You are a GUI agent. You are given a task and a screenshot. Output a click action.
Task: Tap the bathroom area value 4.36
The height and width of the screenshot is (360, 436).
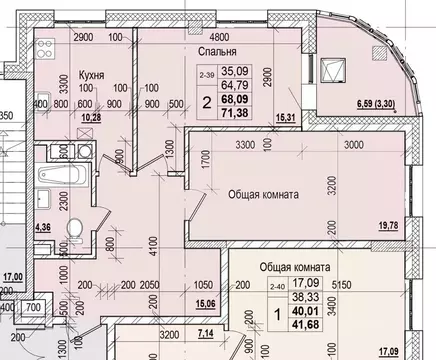point(42,228)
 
